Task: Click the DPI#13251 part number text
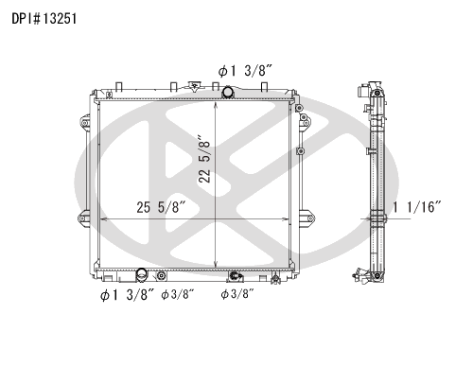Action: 44,19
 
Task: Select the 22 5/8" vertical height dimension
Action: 205,159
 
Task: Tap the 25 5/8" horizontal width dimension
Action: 161,207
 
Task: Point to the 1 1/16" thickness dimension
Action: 416,207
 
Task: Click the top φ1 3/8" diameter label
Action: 245,71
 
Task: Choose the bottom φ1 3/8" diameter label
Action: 127,295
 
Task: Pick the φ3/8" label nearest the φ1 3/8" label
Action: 178,295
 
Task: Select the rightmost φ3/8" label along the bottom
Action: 237,294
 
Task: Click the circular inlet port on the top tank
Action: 227,92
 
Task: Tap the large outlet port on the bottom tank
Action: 142,275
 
